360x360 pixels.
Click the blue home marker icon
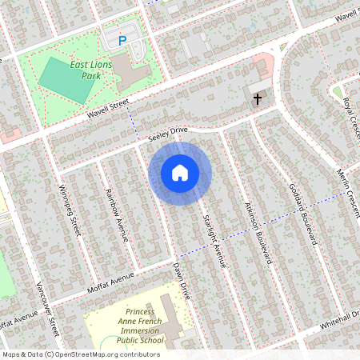coord(180,172)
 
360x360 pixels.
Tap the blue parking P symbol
coord(122,39)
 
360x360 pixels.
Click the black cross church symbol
coord(258,98)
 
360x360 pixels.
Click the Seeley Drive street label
coord(167,134)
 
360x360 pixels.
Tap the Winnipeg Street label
coord(71,210)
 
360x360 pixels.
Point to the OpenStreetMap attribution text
coord(81,354)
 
